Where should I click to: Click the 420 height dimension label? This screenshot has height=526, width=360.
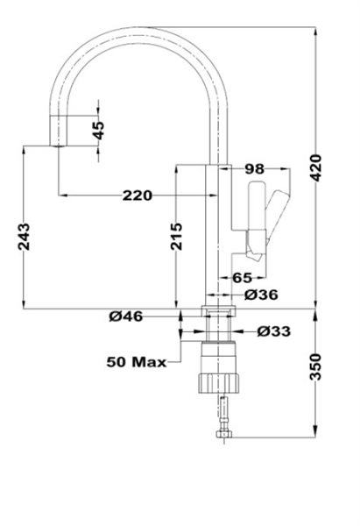coord(316,167)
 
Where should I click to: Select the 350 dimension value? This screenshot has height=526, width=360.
coord(315,366)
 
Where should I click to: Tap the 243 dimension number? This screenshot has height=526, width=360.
coord(24,237)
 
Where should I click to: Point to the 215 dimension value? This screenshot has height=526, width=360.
coord(176,237)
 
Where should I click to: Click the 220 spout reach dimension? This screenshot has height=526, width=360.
coord(138,195)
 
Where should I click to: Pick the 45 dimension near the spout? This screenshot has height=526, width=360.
coord(99,131)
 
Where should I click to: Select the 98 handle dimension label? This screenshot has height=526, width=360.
coord(255,169)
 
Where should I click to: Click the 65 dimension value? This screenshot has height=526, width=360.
coord(242,278)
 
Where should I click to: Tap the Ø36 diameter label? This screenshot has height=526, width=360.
coord(261,295)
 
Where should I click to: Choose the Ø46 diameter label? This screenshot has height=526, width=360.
coord(126,316)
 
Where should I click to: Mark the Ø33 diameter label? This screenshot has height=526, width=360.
coord(274,331)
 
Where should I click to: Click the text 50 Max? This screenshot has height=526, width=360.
coord(137,362)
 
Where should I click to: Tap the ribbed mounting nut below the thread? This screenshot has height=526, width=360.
coord(219,383)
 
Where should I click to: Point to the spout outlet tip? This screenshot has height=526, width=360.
coord(59,146)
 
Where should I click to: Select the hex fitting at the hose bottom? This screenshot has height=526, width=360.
coord(224,435)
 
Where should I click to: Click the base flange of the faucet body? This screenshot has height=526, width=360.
coord(219,310)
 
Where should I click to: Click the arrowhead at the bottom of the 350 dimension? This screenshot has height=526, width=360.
coord(315,432)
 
